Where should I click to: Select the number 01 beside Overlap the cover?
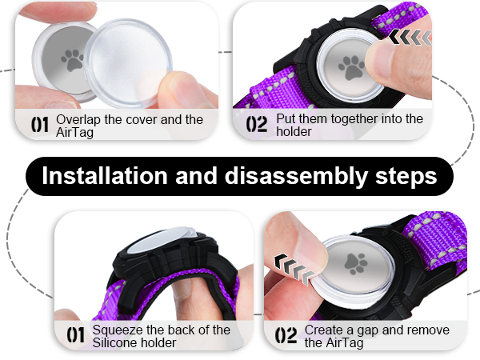(x=41, y=125)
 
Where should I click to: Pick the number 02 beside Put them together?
(x=257, y=125)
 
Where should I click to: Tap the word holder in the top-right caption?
(x=294, y=131)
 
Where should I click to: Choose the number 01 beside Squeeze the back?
(x=77, y=336)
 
